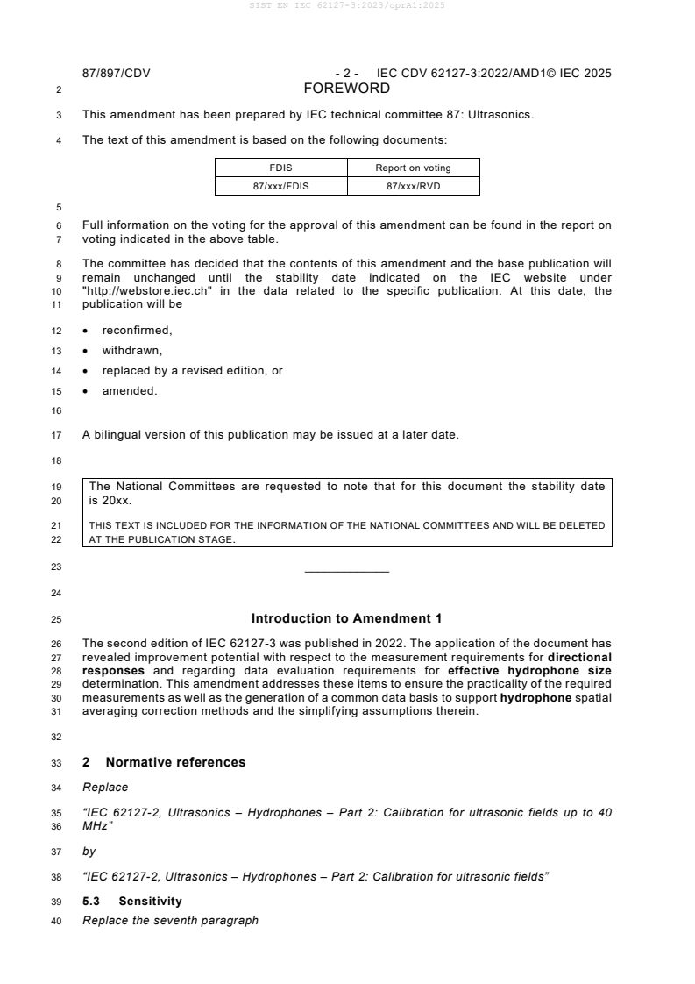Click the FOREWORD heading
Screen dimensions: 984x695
pyautogui.click(x=346, y=89)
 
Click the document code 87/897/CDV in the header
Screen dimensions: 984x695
pyautogui.click(x=116, y=74)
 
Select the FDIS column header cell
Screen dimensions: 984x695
pyautogui.click(x=281, y=168)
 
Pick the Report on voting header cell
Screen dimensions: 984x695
pyautogui.click(x=413, y=168)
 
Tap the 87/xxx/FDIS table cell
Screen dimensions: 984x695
pyautogui.click(x=281, y=185)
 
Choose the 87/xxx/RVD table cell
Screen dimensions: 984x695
pyautogui.click(x=413, y=185)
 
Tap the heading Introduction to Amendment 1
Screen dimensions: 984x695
pyautogui.click(x=346, y=618)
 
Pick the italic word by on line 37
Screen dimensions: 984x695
pyautogui.click(x=89, y=851)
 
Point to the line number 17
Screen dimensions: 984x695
pyautogui.click(x=58, y=435)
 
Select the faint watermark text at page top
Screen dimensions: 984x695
pyautogui.click(x=346, y=6)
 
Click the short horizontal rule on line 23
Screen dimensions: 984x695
pyautogui.click(x=346, y=573)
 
